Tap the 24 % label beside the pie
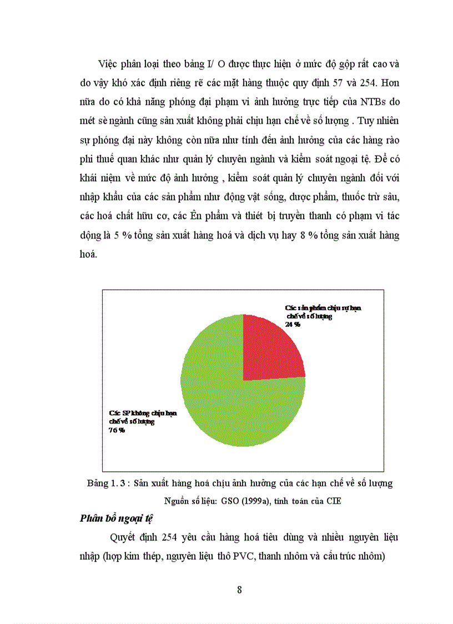(x=293, y=325)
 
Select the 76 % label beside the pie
(x=117, y=430)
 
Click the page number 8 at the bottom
(x=239, y=590)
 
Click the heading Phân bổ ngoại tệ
(x=116, y=518)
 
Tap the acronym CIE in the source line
(x=333, y=501)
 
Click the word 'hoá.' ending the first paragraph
(x=88, y=254)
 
